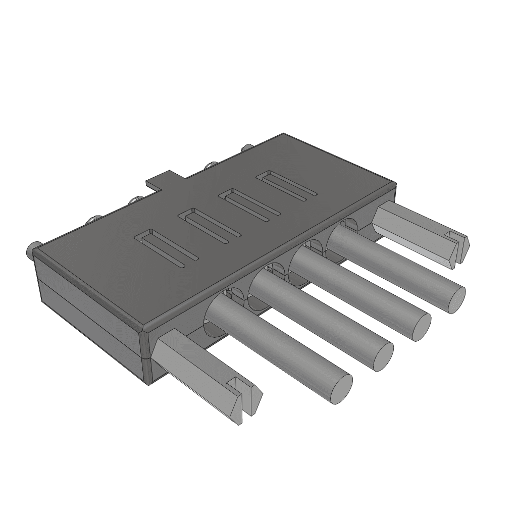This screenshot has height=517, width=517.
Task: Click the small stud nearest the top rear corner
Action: click(247, 148)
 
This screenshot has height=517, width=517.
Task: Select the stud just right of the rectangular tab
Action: click(211, 165)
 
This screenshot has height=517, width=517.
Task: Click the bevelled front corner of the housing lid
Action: click(145, 330)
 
